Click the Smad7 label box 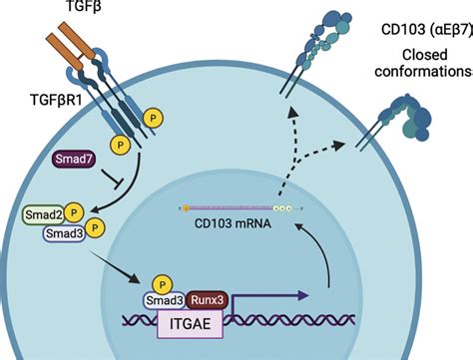coord(74,159)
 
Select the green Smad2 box coord(43,214)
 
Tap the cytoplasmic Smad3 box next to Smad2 coord(64,233)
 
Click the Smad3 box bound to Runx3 coord(165,300)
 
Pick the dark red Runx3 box coord(208,300)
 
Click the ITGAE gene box coord(190,324)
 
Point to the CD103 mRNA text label coord(233,223)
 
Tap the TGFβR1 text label coord(56,100)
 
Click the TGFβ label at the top coord(84,6)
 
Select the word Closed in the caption coord(424,55)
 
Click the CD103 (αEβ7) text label coord(427,30)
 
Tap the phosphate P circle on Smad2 coord(74,212)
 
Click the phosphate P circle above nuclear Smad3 coord(162,285)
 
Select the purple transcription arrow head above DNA coord(303,295)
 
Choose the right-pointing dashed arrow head coord(338,146)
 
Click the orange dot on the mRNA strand coord(186,208)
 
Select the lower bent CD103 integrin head coord(407,118)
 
